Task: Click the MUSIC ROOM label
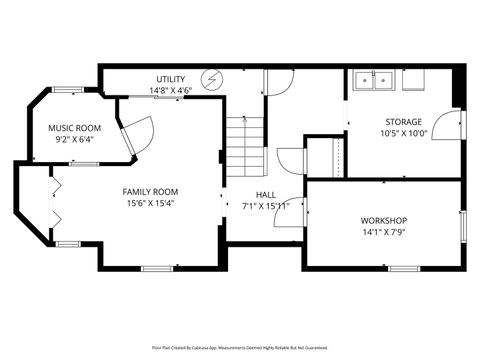75,128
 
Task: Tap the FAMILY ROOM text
151,191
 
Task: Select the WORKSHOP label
384,220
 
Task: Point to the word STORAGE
403,121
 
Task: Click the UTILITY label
170,79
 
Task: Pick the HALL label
266,195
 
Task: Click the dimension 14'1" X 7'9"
384,232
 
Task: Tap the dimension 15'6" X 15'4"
151,203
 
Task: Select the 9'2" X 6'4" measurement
75,140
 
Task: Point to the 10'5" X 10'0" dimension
403,133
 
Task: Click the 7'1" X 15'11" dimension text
266,207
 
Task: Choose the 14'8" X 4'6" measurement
170,91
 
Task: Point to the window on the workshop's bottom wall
403,268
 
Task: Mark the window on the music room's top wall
68,90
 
